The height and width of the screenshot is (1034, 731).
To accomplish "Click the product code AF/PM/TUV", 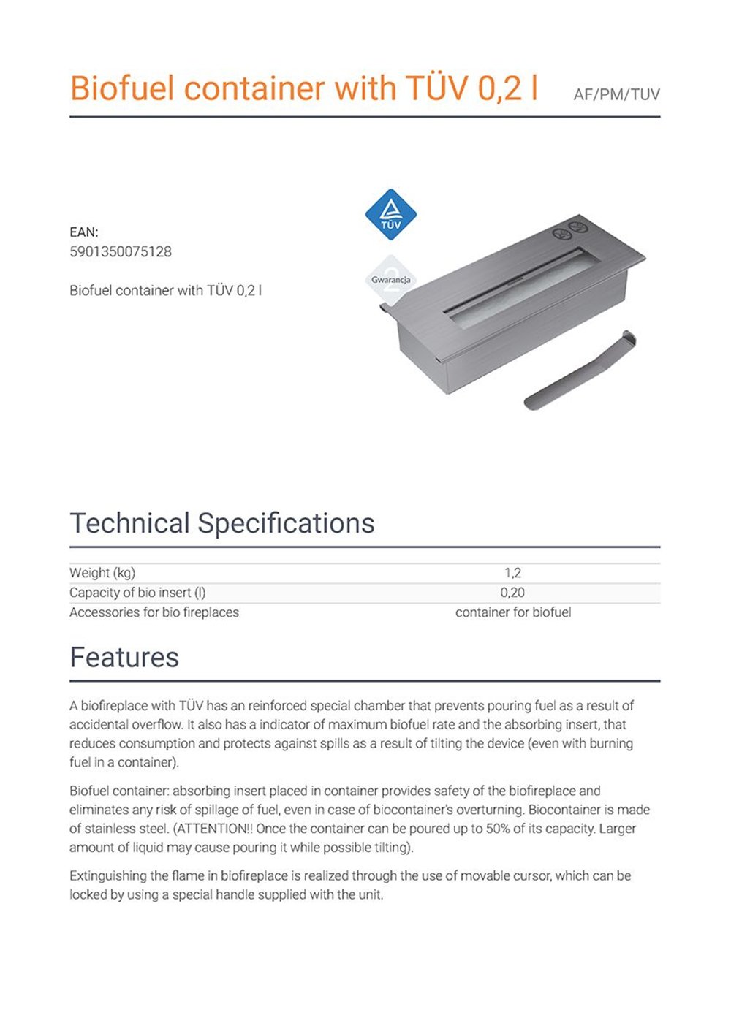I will pos(616,95).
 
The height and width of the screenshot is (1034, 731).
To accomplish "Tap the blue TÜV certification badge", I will pos(391,214).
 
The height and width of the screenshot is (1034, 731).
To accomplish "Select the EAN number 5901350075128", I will pos(121,252).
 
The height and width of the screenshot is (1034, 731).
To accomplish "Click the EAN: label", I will pos(84,232).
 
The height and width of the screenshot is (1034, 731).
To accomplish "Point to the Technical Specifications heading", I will pos(222,523).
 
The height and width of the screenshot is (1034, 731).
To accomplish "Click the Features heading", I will pos(124,657).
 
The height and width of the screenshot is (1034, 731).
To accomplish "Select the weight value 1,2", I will pos(512,573).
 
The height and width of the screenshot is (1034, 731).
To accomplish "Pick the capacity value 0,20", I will pos(512,593).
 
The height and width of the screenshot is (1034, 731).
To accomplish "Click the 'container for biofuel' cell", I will pos(513,612).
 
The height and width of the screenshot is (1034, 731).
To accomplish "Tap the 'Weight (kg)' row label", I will pos(102,573).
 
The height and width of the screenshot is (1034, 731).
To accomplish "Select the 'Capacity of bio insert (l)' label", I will pos(137,593).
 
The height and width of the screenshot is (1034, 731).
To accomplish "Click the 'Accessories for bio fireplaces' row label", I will pos(154,612).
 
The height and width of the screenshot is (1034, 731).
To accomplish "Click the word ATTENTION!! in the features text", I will pos(213,829).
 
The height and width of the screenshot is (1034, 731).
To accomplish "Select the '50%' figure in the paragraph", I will pos(499,829).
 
